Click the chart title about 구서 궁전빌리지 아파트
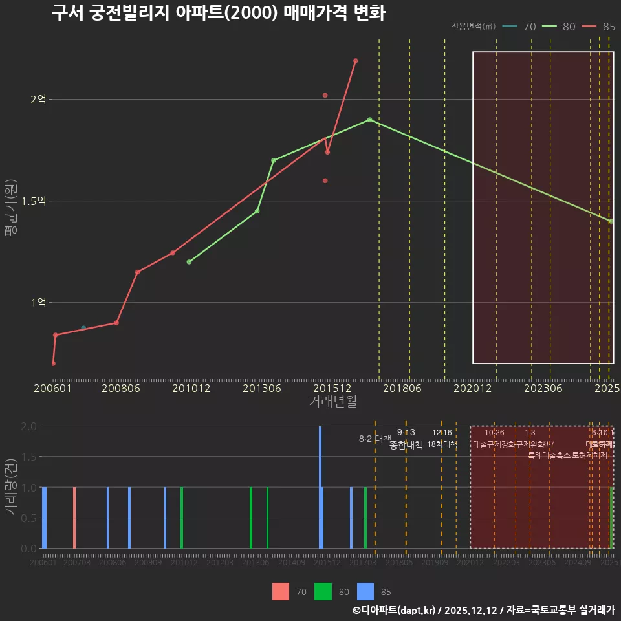[218, 13]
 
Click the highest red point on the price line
[356, 61]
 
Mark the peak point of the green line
[369, 120]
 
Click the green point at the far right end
[611, 221]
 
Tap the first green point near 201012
[189, 262]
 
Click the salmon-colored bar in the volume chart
[74, 517]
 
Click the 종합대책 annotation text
[406, 445]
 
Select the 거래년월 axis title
[332, 402]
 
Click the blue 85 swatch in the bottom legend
[365, 591]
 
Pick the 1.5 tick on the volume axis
[28, 457]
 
